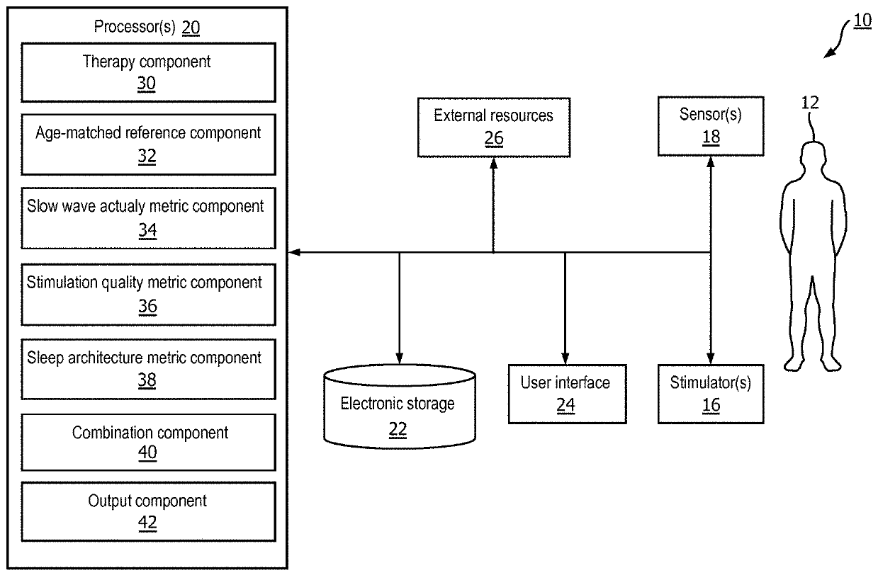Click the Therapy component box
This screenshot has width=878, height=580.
[x=148, y=72]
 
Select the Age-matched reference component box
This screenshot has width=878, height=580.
[x=148, y=144]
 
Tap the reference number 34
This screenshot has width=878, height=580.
[x=147, y=230]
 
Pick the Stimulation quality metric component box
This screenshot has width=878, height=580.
[x=148, y=295]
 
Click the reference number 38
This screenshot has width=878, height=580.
[x=147, y=380]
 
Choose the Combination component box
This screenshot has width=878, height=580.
[x=148, y=442]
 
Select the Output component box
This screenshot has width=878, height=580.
[x=148, y=511]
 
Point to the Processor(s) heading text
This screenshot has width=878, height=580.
[x=135, y=27]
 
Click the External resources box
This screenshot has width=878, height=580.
[x=494, y=127]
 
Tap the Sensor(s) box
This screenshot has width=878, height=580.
[x=711, y=126]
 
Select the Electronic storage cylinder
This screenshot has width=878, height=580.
[x=400, y=406]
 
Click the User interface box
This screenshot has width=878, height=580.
[x=567, y=394]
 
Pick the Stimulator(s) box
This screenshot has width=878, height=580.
[x=711, y=394]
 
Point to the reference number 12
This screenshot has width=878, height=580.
[x=810, y=103]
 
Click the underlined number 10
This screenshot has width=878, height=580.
[x=862, y=21]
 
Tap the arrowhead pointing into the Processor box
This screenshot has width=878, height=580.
[x=294, y=252]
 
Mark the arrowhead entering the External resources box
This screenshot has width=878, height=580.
[x=493, y=164]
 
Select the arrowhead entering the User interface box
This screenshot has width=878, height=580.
[x=565, y=358]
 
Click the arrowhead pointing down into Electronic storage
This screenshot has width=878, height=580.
[x=399, y=358]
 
